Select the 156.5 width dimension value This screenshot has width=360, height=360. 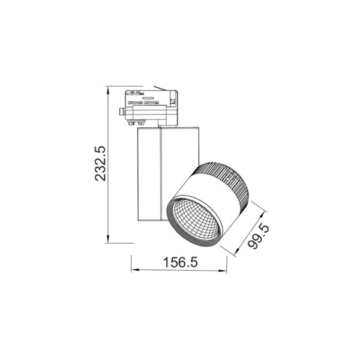pos(180,263)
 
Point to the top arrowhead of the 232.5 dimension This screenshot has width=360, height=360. pos(108,89)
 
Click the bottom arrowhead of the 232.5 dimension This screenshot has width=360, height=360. pos(108,241)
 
